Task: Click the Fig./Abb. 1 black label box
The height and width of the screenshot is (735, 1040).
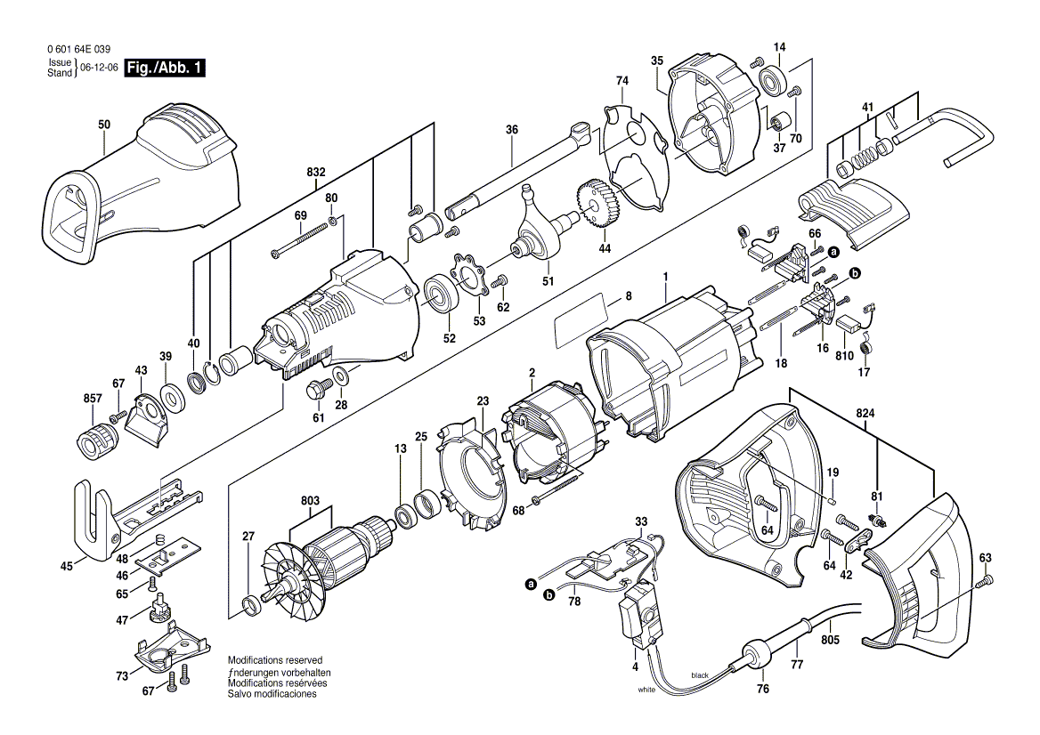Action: tap(165, 68)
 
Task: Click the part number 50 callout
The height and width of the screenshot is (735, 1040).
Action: tap(104, 125)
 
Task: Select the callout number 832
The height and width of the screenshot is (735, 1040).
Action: tap(315, 172)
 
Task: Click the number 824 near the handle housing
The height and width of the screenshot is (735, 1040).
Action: tap(865, 414)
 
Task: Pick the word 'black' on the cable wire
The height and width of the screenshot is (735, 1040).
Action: tap(700, 676)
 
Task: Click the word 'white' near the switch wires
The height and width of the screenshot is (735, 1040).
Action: tap(647, 690)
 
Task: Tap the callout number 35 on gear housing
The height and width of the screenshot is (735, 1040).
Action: tap(657, 61)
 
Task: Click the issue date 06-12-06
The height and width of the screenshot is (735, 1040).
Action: tap(99, 68)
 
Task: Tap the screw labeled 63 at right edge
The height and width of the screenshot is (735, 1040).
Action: tap(984, 581)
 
